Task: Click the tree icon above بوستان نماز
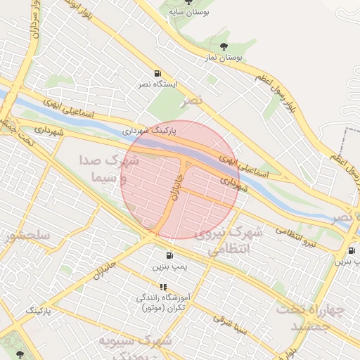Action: tap(224, 47)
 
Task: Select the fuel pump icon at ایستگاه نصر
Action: tap(157, 73)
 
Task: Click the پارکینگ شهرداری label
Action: tap(146, 131)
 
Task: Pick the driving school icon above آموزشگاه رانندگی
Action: tap(163, 287)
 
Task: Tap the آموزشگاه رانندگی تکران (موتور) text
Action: tap(162, 303)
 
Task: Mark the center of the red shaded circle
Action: tap(181, 179)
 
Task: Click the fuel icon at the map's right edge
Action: tap(351, 251)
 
